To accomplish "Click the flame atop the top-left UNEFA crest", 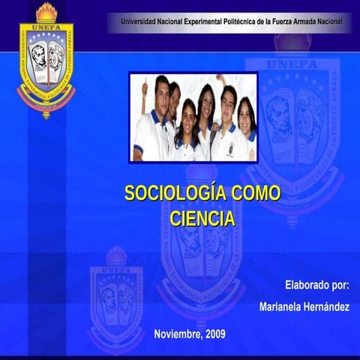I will [46, 11].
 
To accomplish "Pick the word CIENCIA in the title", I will [202, 218].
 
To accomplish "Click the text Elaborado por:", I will [317, 285].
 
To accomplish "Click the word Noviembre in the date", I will [177, 333].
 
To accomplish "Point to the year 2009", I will [214, 333].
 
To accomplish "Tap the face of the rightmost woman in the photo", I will [245, 112].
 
